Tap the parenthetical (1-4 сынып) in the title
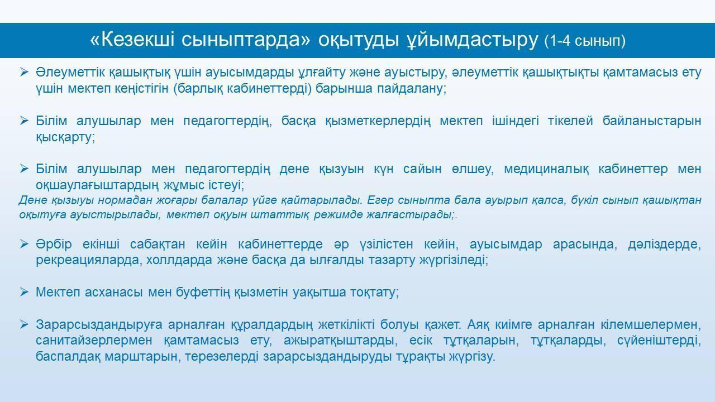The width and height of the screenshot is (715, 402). (585, 41)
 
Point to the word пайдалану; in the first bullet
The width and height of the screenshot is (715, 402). (412, 89)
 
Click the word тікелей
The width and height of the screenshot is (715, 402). (570, 121)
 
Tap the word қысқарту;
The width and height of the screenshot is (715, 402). (65, 137)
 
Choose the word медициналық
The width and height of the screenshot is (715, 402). (546, 169)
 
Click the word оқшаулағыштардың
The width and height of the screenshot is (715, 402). (97, 185)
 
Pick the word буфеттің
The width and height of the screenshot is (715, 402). (203, 293)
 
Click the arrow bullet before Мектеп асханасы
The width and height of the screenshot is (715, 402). (24, 292)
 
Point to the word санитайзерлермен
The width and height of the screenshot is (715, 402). (94, 341)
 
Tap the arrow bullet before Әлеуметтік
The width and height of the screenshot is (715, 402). (24, 72)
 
